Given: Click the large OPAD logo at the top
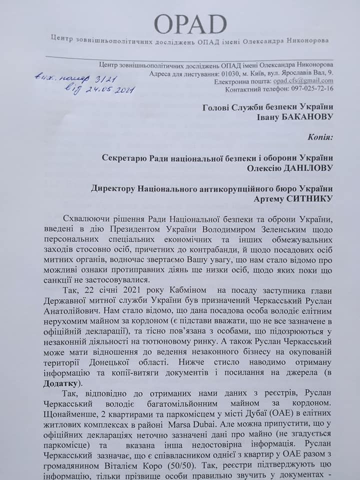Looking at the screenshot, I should tap(190, 23).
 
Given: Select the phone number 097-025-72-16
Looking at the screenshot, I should tap(308, 88).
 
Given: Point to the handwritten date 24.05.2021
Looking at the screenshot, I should tap(107, 89).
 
